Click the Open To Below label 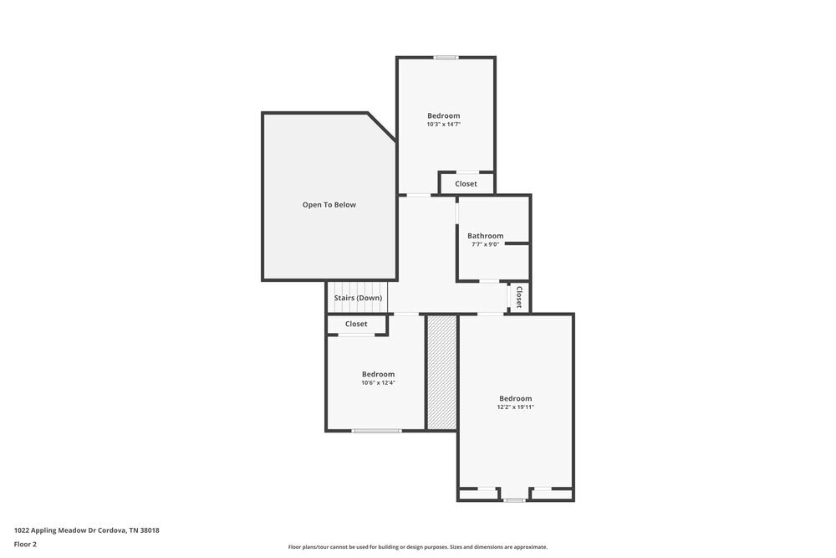pyautogui.click(x=329, y=205)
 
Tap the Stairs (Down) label pyautogui.click(x=358, y=298)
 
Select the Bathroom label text pyautogui.click(x=485, y=236)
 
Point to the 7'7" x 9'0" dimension pyautogui.click(x=485, y=244)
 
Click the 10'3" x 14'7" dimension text pyautogui.click(x=443, y=125)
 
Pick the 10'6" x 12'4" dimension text pyautogui.click(x=378, y=383)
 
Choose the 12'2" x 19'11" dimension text pyautogui.click(x=515, y=407)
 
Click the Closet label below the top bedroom pyautogui.click(x=466, y=184)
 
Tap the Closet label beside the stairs pyautogui.click(x=356, y=324)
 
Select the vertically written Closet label pyautogui.click(x=519, y=297)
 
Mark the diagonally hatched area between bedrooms pyautogui.click(x=441, y=372)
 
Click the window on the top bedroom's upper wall pyautogui.click(x=446, y=57)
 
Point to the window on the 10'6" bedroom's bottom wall pyautogui.click(x=376, y=431)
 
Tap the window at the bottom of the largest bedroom pyautogui.click(x=514, y=500)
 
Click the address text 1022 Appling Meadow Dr pyautogui.click(x=86, y=530)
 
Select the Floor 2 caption pyautogui.click(x=25, y=544)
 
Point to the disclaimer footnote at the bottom pyautogui.click(x=418, y=547)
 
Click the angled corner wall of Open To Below pyautogui.click(x=382, y=126)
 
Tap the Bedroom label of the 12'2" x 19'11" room pyautogui.click(x=515, y=398)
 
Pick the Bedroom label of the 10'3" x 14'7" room pyautogui.click(x=443, y=115)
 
